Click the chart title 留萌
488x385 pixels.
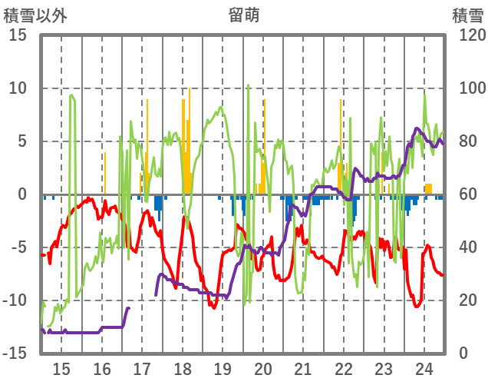coord(243,14)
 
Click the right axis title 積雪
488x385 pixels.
coord(467,14)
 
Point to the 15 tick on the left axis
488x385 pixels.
coord(18,35)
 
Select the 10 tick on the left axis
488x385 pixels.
coord(18,88)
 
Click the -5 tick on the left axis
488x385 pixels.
coord(18,247)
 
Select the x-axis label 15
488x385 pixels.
coord(61,367)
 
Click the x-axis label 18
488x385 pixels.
coord(182,367)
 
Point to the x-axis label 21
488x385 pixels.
coord(303,367)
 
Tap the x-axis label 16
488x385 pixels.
coord(101,367)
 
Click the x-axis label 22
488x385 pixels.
coord(344,367)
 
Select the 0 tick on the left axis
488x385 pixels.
coord(22,194)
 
